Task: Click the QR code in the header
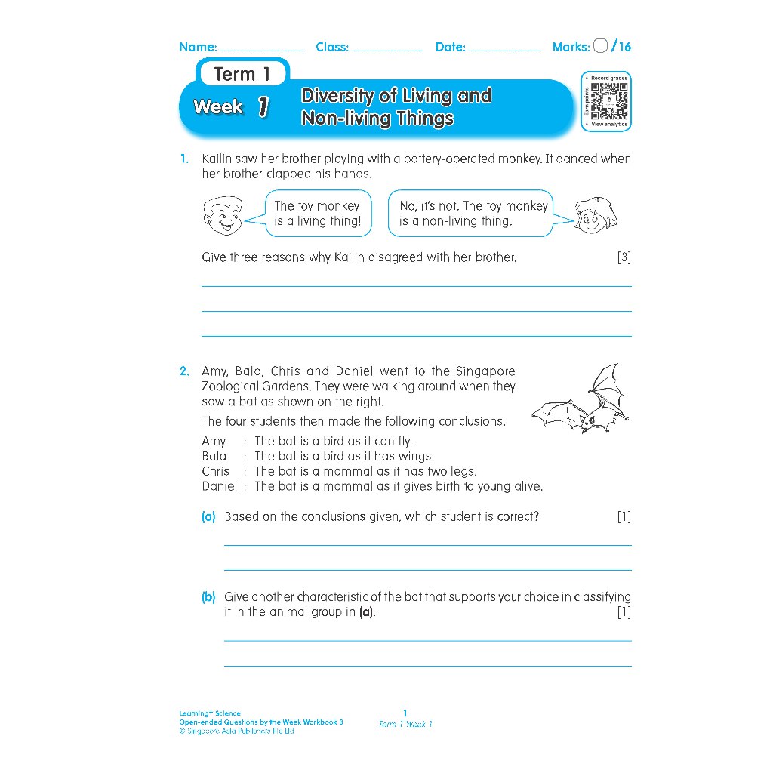pos(608,101)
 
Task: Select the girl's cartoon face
pos(596,214)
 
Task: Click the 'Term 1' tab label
pos(242,74)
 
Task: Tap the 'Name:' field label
pos(198,47)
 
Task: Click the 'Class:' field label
pos(332,47)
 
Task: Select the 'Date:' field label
pos(451,47)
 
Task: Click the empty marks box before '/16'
pos(601,46)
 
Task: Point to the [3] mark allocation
pos(624,257)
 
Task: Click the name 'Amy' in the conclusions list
pos(214,441)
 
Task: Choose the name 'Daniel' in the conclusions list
pos(219,486)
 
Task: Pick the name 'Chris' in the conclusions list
pos(215,471)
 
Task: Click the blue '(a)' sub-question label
pos(208,517)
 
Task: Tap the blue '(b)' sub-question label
pos(208,597)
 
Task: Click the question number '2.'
pos(185,371)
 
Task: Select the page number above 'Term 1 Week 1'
pos(405,713)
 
